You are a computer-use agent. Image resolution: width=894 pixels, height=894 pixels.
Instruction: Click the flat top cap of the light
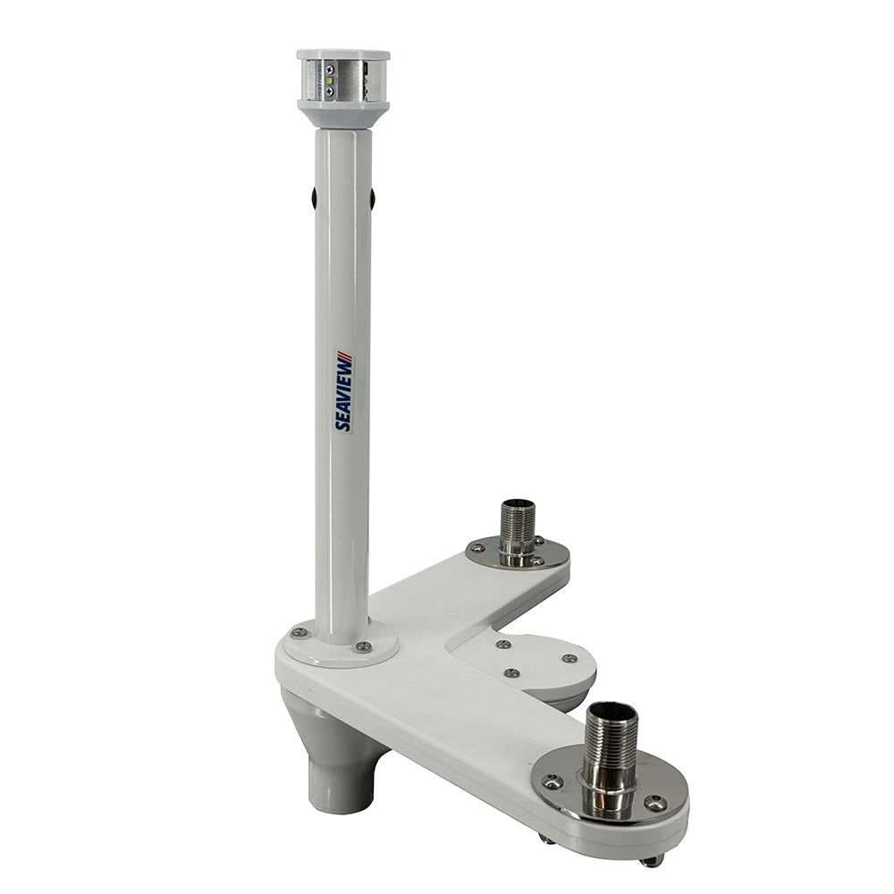tap(343, 55)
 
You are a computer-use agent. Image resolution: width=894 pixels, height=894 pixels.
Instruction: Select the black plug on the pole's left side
tap(314, 198)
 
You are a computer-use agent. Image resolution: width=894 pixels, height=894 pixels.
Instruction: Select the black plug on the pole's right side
tap(372, 198)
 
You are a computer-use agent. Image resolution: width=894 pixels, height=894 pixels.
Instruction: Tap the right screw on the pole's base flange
tap(362, 645)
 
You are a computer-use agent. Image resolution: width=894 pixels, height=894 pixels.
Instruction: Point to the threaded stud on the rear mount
tap(517, 533)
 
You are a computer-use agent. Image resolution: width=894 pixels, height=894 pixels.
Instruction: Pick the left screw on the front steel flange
tap(552, 782)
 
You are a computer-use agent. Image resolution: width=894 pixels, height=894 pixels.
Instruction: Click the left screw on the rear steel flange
tap(477, 548)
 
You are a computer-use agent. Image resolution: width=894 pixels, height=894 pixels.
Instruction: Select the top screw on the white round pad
tap(503, 644)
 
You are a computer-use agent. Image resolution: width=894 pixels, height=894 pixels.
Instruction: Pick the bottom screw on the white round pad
tap(511, 672)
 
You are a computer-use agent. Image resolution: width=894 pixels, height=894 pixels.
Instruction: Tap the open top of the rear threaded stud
tap(518, 505)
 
